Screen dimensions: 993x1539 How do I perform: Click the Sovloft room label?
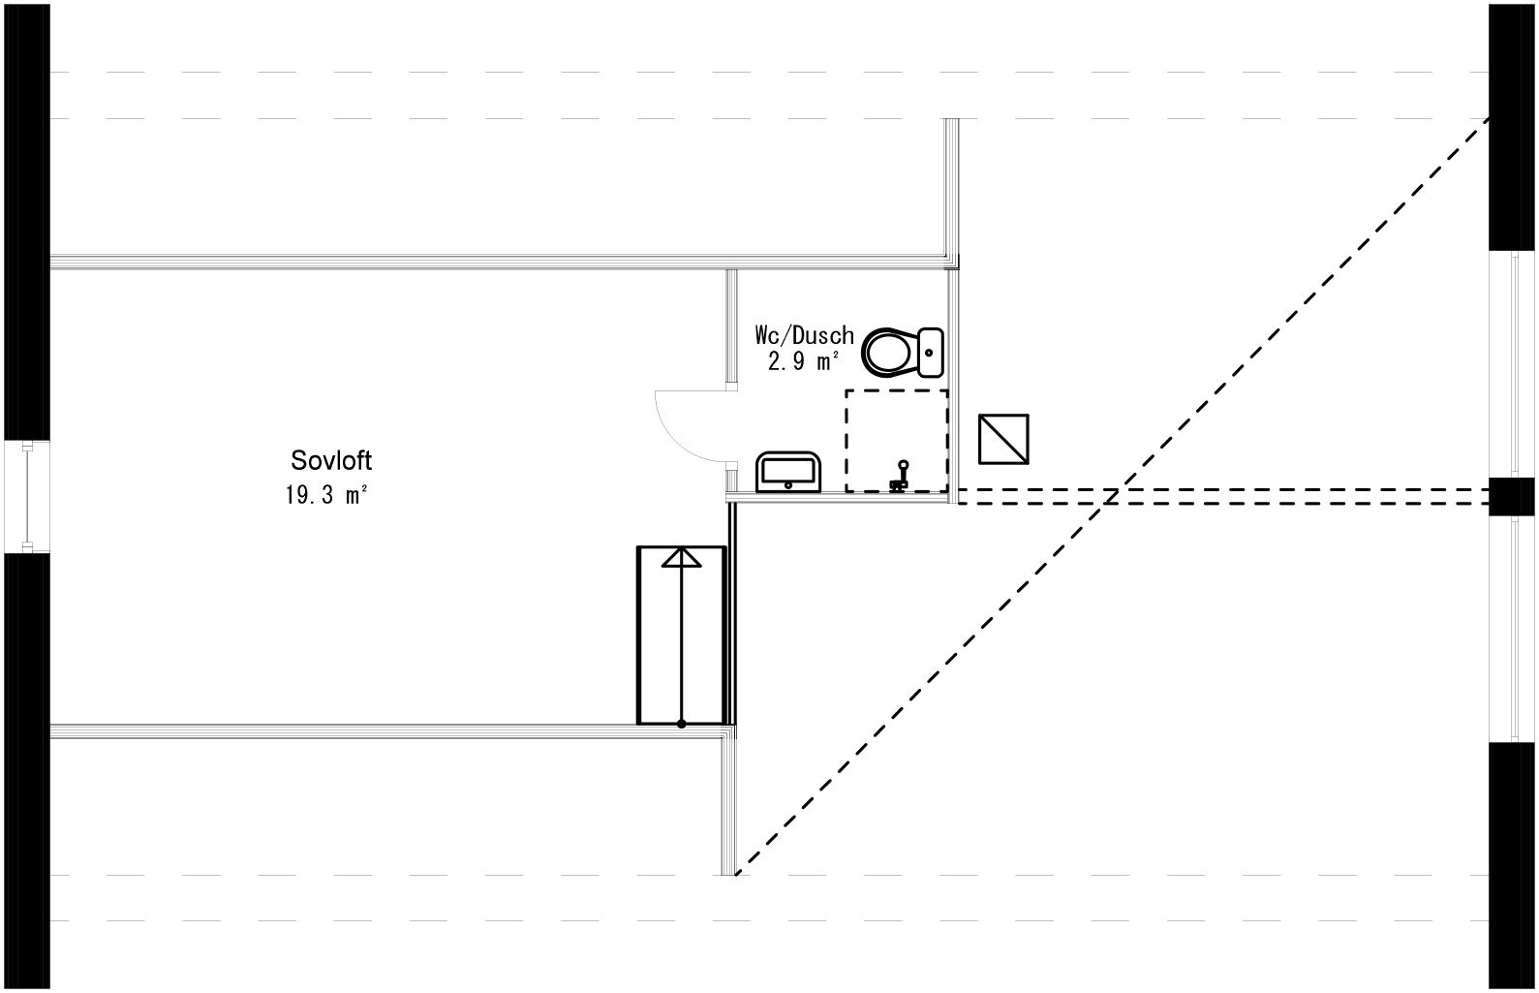coord(331,459)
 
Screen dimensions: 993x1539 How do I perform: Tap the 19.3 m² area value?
coord(326,495)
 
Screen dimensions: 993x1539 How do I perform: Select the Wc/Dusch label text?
coord(804,336)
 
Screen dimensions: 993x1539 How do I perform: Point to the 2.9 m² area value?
coord(803,362)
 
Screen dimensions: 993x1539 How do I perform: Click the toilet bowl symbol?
coord(889,353)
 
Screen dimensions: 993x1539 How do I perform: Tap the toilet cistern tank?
coord(931,353)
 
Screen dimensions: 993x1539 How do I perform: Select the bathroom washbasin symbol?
coord(787,472)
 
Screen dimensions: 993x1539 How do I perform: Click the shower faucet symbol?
coord(902,477)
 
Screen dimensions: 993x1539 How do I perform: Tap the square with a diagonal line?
coord(1003,439)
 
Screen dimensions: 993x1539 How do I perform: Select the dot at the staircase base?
coord(682,723)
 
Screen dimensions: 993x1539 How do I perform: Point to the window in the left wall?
coord(28,497)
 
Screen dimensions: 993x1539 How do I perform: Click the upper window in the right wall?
coord(1511,364)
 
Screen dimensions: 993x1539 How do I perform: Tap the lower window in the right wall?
coord(1511,629)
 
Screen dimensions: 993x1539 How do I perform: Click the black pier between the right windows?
coord(1511,496)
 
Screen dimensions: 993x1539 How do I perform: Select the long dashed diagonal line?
coord(1114,494)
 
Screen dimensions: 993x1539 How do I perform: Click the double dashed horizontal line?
coord(1220,496)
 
